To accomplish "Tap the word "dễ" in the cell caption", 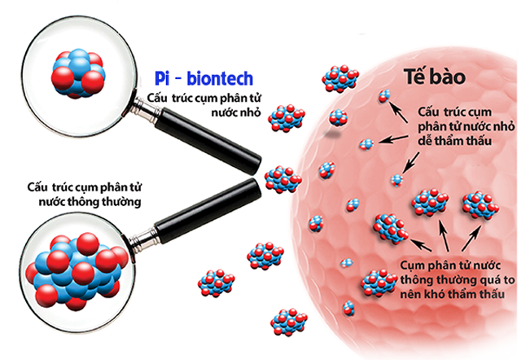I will click(423, 138).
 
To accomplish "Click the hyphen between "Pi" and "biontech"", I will click(179, 79).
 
